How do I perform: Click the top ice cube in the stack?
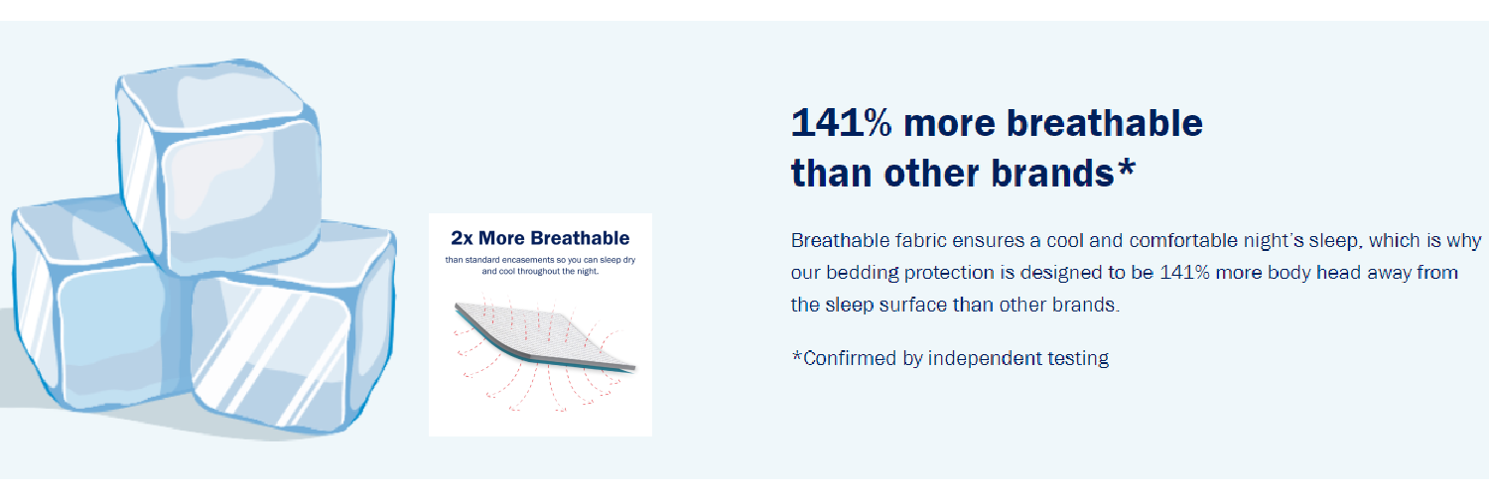[219, 166]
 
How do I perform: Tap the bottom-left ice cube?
[99, 306]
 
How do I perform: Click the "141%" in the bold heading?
[841, 123]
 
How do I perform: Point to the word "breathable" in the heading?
[1104, 123]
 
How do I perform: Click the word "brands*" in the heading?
[1063, 174]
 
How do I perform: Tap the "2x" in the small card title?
[462, 238]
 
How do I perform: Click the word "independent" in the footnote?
[984, 358]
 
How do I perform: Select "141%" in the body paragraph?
[1184, 273]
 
